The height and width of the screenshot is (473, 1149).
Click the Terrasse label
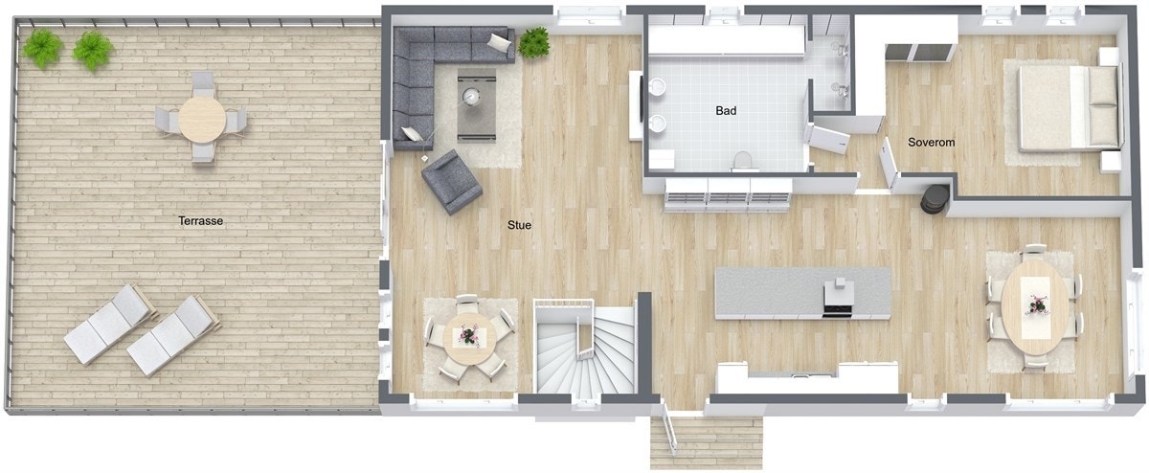point(201,221)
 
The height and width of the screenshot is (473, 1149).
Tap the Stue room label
point(519,226)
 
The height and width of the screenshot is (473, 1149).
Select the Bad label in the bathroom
point(727,111)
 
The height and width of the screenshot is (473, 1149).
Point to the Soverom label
point(932,143)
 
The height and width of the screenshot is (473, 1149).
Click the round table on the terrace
point(202,119)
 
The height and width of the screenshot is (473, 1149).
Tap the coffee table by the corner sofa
point(476,104)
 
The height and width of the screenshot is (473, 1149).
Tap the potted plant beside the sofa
point(534,41)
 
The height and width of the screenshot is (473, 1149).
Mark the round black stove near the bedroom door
point(932,197)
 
